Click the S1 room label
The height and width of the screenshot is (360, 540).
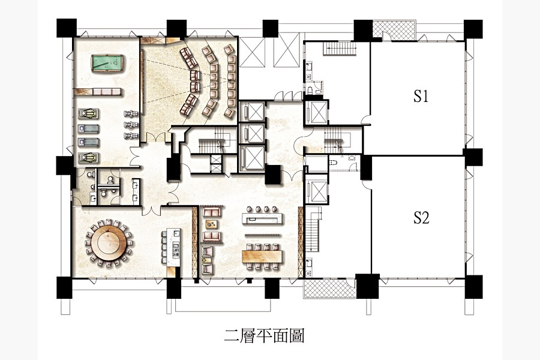[421, 96]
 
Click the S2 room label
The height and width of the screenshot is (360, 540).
[421, 218]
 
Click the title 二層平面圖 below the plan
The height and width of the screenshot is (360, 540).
[264, 335]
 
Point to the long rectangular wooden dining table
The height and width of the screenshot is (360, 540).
[264, 256]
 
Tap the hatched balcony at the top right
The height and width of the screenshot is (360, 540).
[395, 29]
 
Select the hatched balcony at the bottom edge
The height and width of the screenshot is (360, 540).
[329, 288]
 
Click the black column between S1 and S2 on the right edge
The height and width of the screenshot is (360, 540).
[473, 157]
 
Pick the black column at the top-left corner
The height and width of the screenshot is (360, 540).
[66, 28]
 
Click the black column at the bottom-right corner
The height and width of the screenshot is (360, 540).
[473, 286]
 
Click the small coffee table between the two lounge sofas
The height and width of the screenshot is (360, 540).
[212, 224]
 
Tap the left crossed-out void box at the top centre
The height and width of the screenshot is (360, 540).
[253, 52]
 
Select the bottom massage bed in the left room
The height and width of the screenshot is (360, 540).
[89, 157]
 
